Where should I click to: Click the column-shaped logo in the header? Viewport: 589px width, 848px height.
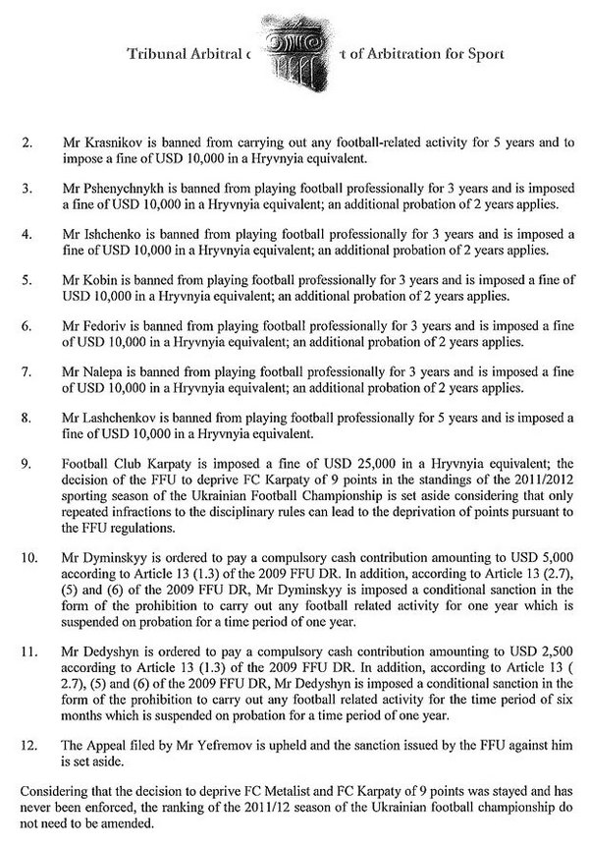click(294, 52)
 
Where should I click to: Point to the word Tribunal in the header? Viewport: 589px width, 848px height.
click(158, 55)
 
